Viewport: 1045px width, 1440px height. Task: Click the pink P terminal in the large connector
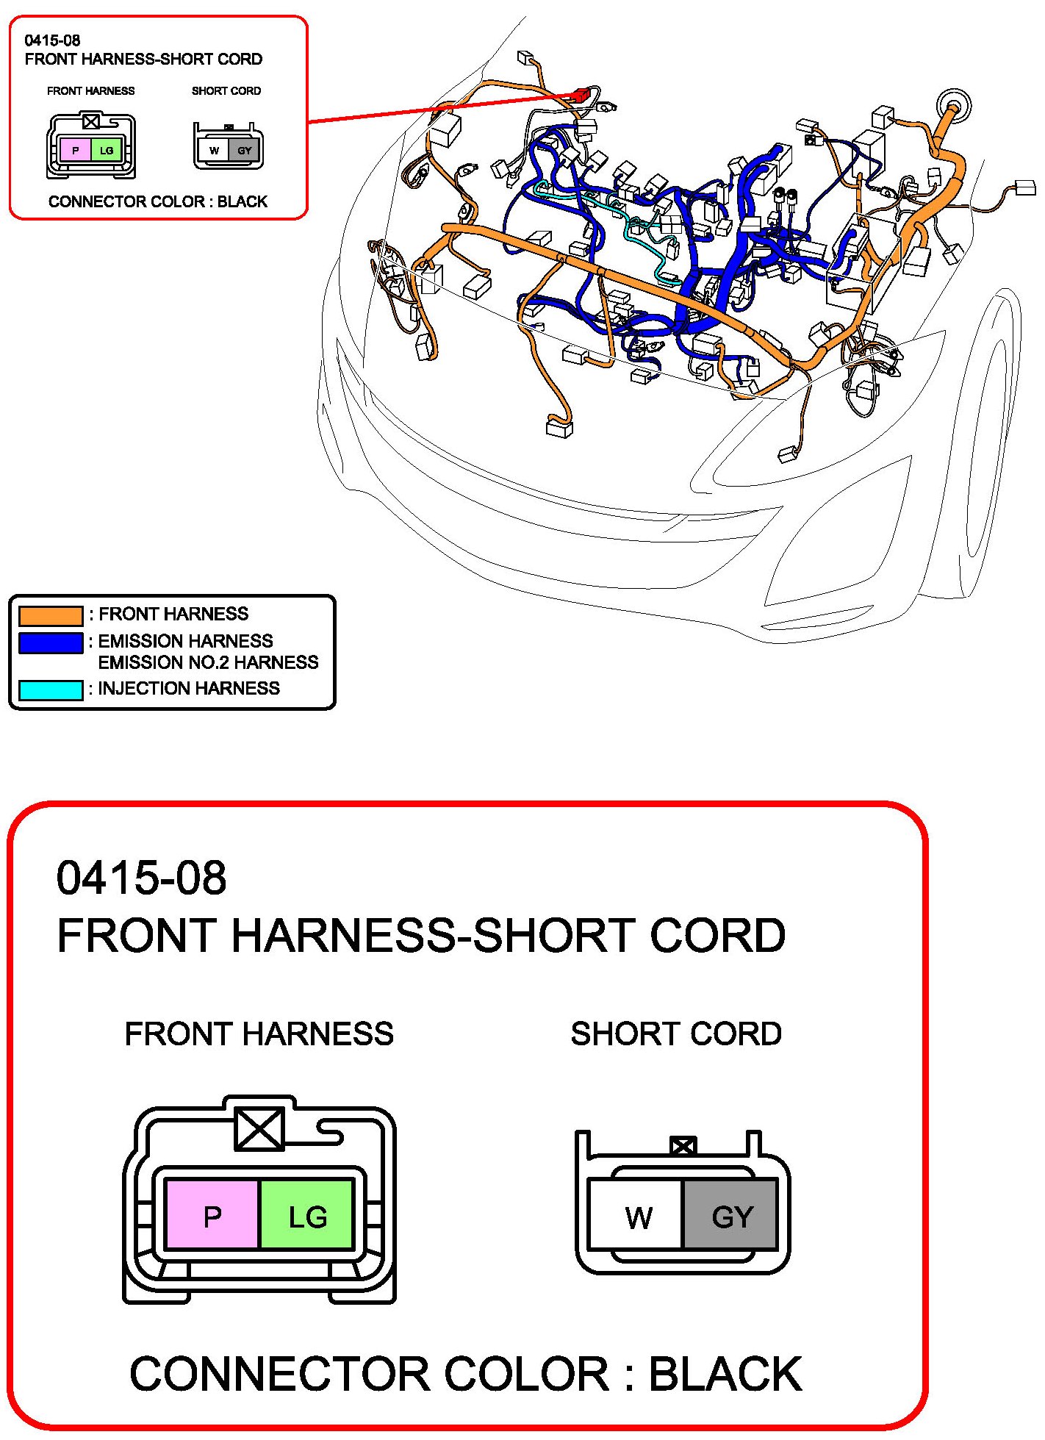pos(212,1217)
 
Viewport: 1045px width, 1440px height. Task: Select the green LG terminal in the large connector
pos(306,1217)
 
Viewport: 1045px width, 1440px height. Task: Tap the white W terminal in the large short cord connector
pos(637,1217)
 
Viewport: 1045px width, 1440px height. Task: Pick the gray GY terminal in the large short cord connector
pos(730,1217)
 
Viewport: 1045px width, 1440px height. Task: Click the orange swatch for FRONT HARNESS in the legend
pos(51,615)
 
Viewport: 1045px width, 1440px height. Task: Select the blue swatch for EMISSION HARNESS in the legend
pos(51,642)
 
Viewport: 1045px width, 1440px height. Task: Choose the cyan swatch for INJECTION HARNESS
pos(51,690)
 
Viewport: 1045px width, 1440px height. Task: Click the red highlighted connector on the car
pos(582,95)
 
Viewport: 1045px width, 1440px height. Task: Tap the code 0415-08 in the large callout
pos(141,878)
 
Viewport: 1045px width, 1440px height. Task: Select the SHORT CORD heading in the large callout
pos(676,1034)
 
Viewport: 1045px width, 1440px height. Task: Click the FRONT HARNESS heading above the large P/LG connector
pos(259,1034)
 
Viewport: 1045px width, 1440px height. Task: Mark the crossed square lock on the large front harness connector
pos(259,1129)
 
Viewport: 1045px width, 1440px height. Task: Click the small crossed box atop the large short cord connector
pos(683,1145)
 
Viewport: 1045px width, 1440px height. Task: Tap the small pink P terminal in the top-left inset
pos(75,150)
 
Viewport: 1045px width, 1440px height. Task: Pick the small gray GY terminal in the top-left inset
pos(244,151)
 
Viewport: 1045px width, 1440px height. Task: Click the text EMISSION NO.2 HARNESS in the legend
pos(208,662)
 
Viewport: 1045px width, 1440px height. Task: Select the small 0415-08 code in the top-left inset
pos(52,40)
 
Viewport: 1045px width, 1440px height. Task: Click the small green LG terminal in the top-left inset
pos(107,150)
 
